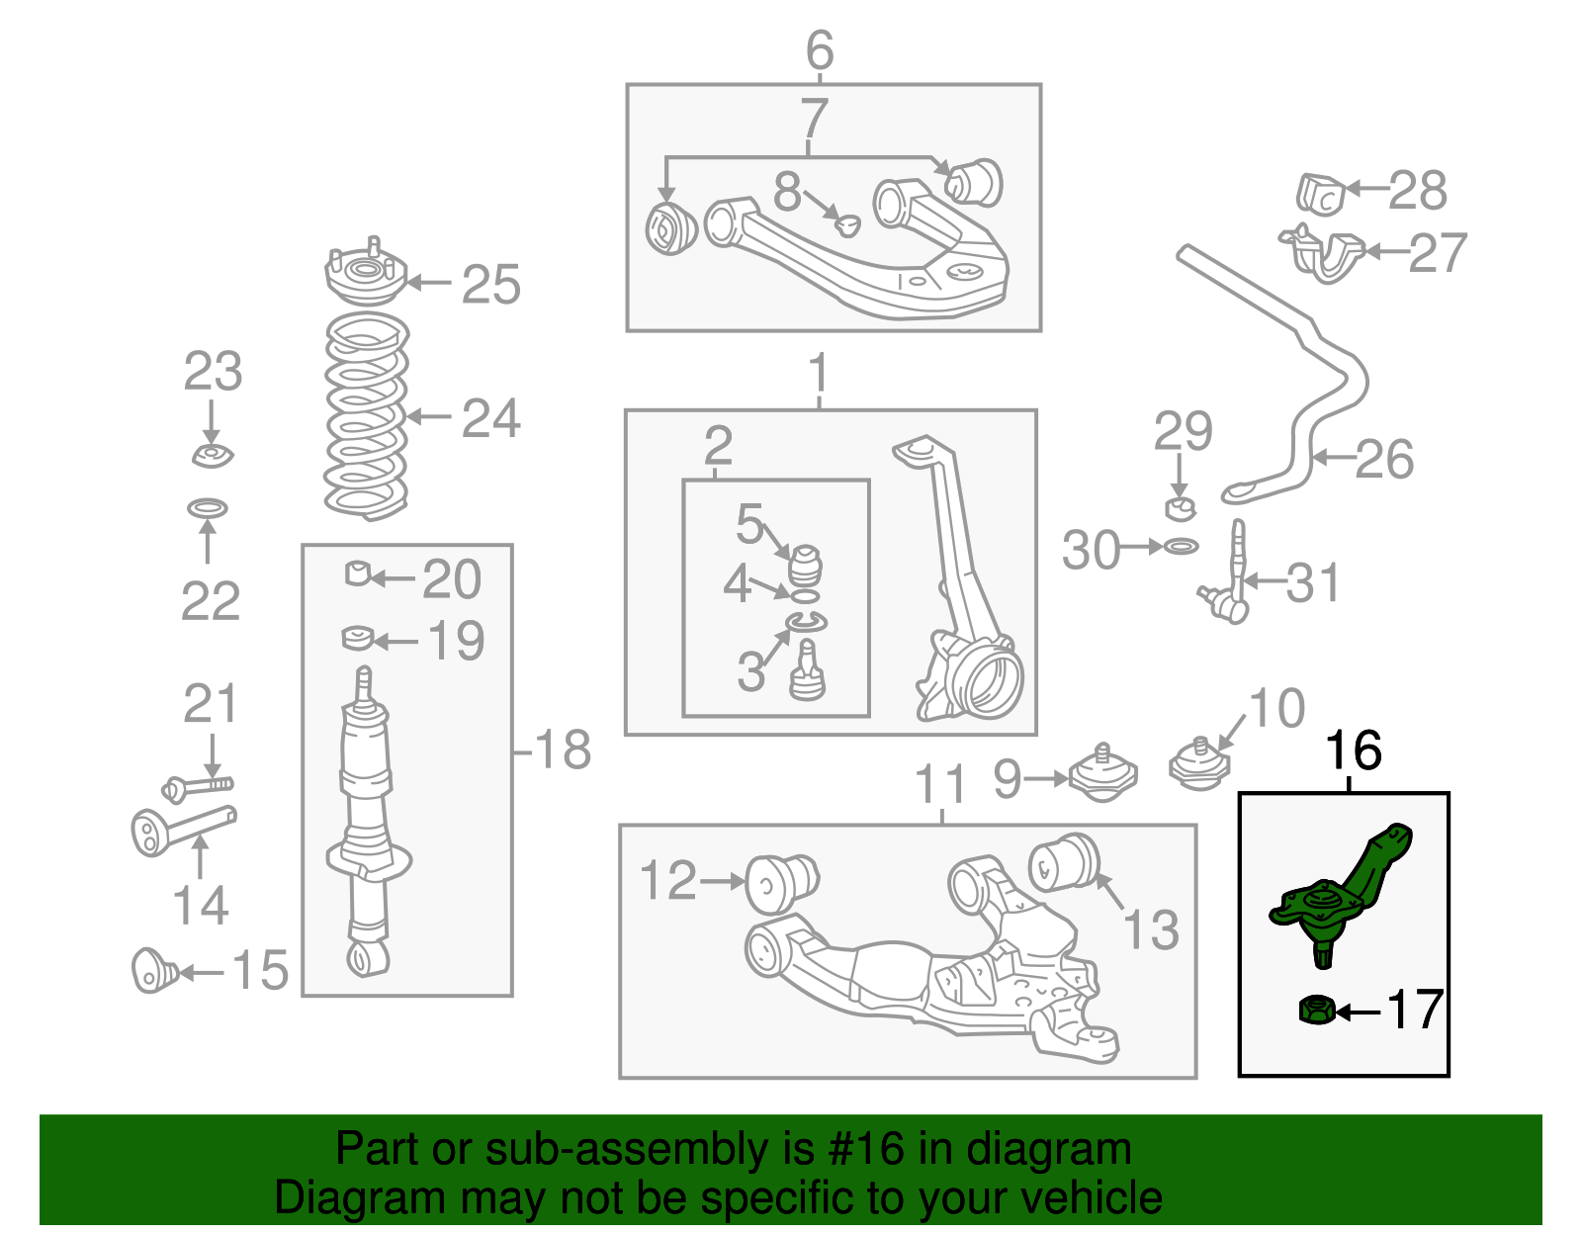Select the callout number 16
click(1353, 751)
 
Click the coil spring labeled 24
click(367, 416)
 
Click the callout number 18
click(563, 750)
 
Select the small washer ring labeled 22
click(208, 508)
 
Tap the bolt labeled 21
click(198, 787)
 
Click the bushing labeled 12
click(780, 882)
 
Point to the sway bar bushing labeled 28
click(1321, 193)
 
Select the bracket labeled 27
click(1325, 253)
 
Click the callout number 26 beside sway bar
click(1384, 459)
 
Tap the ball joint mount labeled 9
click(1102, 776)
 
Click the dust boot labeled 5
click(807, 565)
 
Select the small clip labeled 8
click(846, 224)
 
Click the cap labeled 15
click(153, 970)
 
